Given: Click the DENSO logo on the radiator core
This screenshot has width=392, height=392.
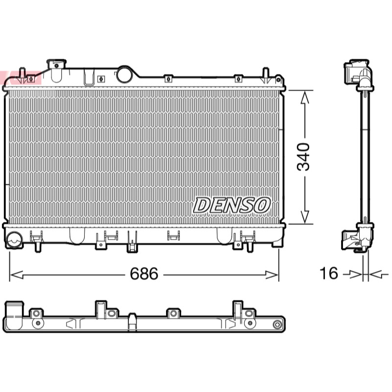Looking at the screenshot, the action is tap(232, 205).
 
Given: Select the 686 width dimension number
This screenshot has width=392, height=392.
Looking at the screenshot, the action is tap(144, 274).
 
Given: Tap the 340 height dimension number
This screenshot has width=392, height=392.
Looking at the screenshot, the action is tap(303, 157).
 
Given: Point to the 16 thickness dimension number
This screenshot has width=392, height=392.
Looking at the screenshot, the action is tap(329, 273).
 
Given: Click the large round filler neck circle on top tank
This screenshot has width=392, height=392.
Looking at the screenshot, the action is tap(124, 74).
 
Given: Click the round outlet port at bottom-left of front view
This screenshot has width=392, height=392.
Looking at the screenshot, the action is tap(14, 240).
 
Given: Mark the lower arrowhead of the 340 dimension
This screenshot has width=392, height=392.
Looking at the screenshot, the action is tap(304, 217).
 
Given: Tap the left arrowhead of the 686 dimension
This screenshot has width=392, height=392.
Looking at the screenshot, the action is tap(16, 275).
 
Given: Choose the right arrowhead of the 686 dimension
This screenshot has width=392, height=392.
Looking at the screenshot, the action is tap(272, 275).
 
